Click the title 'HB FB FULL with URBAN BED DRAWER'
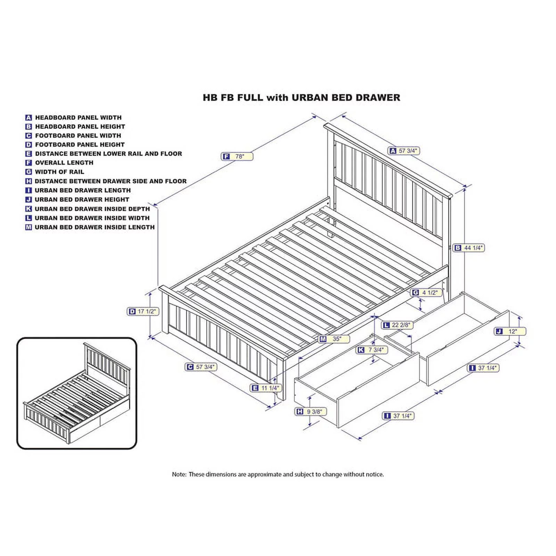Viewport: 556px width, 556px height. (x=301, y=98)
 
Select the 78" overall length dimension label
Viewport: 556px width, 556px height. (x=237, y=157)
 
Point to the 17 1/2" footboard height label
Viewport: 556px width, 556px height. (x=143, y=311)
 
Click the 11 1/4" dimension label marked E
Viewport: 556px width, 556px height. (x=265, y=388)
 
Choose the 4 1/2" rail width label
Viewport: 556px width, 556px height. (x=426, y=293)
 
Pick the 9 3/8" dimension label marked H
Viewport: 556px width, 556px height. (x=311, y=412)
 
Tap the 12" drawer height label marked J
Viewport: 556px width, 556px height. (x=510, y=332)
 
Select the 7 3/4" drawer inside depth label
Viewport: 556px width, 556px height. (x=372, y=350)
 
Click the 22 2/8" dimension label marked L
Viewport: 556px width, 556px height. (x=397, y=325)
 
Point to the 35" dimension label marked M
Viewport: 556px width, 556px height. (x=334, y=339)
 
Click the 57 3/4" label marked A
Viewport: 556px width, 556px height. (x=404, y=151)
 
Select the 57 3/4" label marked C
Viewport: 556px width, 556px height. (x=201, y=367)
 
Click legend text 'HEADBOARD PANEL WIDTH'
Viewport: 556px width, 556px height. (x=78, y=117)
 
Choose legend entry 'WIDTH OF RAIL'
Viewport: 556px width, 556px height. (x=59, y=172)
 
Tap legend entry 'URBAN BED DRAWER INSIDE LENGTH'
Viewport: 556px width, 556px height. (x=95, y=227)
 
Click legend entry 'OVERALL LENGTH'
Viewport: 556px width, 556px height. (x=64, y=163)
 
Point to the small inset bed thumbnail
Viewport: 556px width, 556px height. (x=77, y=393)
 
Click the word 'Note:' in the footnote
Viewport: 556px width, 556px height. (x=179, y=474)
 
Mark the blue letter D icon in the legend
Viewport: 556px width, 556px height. (x=28, y=145)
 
